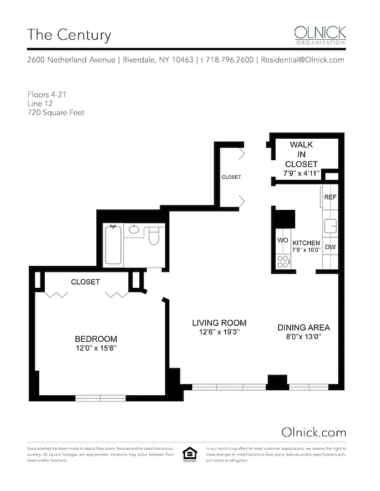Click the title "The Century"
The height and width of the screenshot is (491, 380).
click(x=69, y=34)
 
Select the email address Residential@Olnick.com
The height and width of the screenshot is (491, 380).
click(x=302, y=60)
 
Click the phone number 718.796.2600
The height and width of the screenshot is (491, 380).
click(x=227, y=60)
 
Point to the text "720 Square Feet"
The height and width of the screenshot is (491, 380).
click(x=56, y=113)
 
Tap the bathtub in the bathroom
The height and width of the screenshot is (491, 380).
click(x=112, y=245)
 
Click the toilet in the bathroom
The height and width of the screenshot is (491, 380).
click(x=154, y=234)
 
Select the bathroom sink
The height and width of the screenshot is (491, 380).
click(x=134, y=231)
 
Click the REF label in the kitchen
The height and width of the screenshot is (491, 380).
click(x=330, y=198)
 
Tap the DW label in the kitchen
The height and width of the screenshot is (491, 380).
click(x=330, y=247)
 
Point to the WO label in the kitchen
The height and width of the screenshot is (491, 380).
click(x=283, y=240)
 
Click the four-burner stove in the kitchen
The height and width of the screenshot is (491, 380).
click(x=283, y=261)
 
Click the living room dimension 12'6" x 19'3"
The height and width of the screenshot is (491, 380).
click(x=219, y=332)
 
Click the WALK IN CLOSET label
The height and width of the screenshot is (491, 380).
click(x=301, y=154)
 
